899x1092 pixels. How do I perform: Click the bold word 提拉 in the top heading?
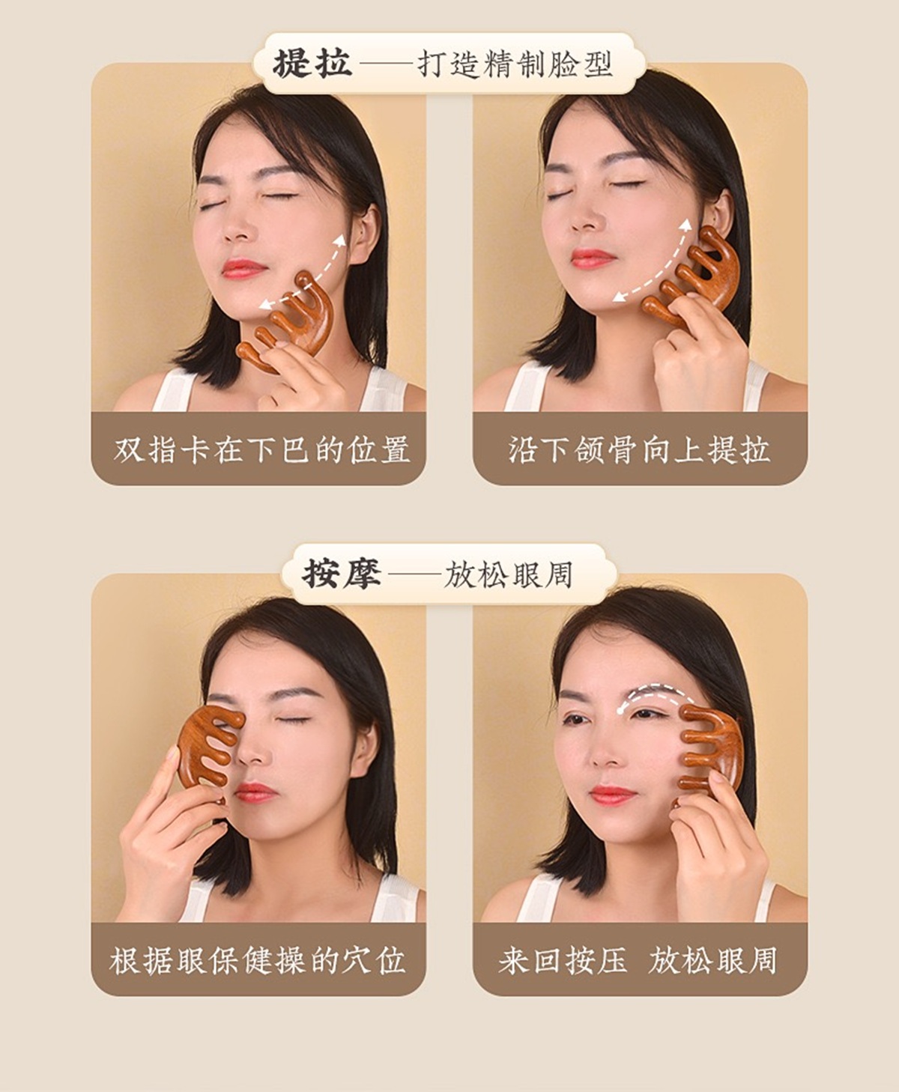[312, 64]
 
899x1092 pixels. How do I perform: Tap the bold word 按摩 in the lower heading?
[342, 574]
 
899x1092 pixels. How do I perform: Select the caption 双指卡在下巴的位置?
[261, 449]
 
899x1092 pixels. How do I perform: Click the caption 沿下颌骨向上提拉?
[639, 449]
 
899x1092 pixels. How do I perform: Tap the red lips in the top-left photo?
[243, 269]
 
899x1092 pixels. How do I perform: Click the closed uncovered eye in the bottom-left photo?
[292, 721]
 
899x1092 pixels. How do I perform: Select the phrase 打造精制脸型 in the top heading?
[515, 64]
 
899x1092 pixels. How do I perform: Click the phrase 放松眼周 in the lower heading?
[508, 574]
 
